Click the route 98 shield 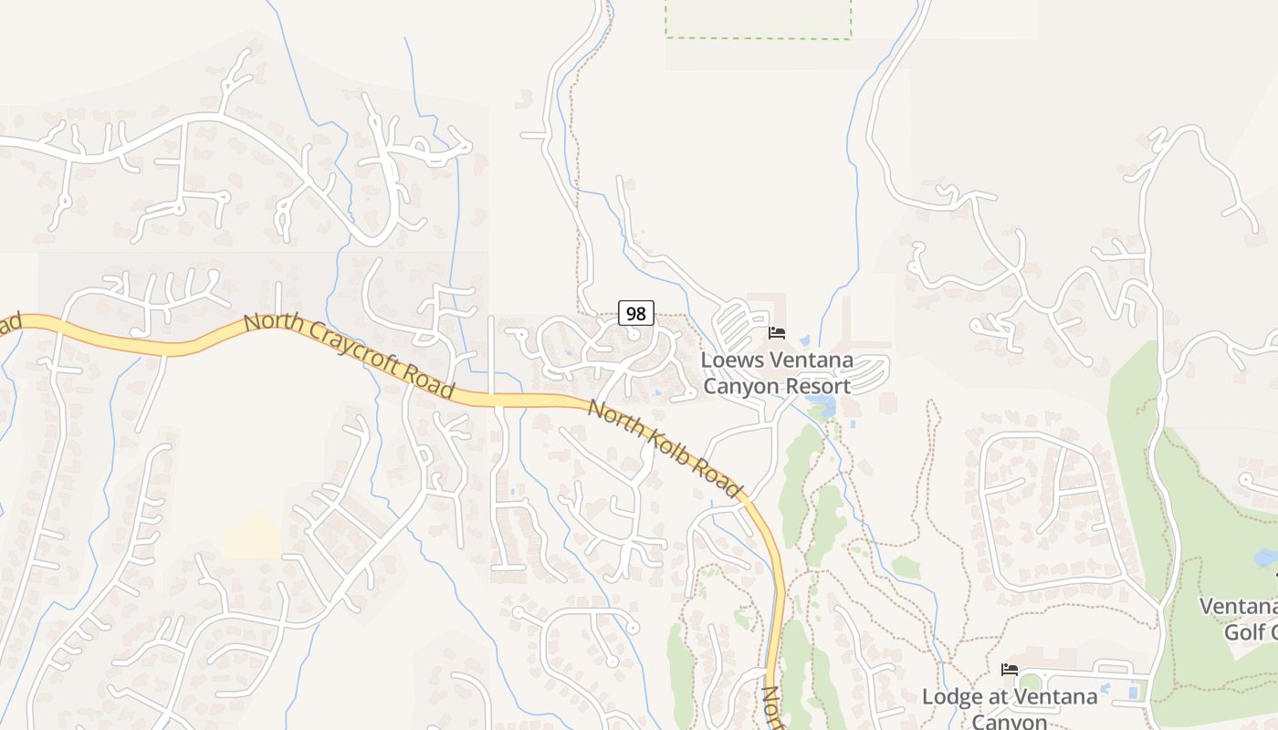click(x=636, y=313)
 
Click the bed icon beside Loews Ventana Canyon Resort click(x=777, y=333)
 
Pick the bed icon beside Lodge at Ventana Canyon click(x=1009, y=670)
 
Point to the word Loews click(x=732, y=360)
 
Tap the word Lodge click(x=951, y=697)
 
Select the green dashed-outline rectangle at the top click(x=758, y=19)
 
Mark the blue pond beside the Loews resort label click(x=827, y=405)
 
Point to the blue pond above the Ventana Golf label click(x=1265, y=558)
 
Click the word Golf click(x=1251, y=631)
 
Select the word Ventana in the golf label click(x=1238, y=607)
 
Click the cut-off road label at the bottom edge click(x=772, y=708)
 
